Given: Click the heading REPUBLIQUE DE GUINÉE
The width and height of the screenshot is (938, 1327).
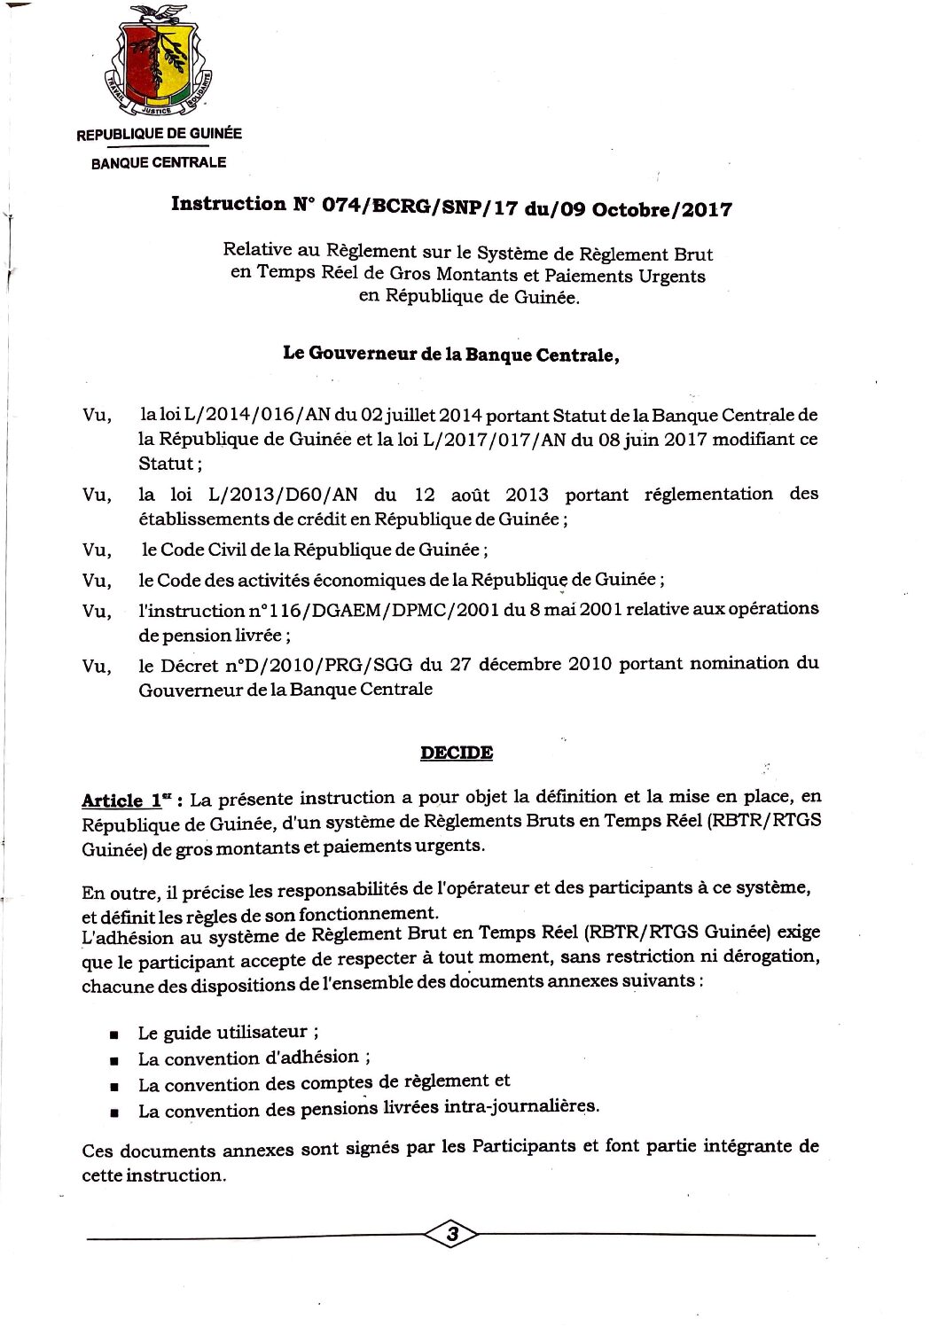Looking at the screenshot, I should point(159,134).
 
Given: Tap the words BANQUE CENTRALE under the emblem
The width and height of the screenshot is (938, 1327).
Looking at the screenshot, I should point(159,163).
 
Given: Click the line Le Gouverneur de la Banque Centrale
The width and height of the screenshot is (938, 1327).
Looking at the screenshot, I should point(450,354).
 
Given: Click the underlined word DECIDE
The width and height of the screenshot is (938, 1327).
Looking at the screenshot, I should point(457,753).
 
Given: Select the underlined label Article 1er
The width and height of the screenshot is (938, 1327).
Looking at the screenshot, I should point(122,800).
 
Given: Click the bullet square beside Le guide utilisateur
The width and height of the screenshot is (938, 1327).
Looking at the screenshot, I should point(114,1034).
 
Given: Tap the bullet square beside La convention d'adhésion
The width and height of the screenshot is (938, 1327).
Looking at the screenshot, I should point(114,1060).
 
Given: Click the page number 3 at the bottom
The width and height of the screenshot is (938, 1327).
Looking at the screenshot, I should point(452,1233).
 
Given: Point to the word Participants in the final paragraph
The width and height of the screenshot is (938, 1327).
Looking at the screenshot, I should point(523,1146).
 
